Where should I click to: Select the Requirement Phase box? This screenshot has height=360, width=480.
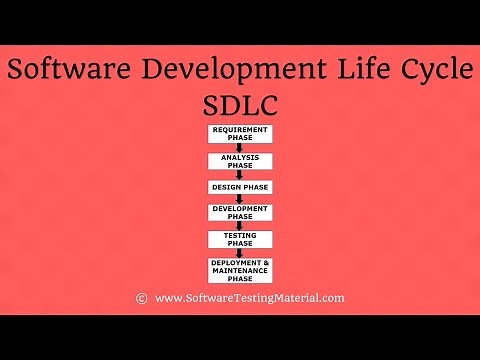(x=240, y=134)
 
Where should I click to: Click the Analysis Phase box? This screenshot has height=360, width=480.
(x=240, y=160)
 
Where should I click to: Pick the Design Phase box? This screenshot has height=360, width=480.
(x=240, y=187)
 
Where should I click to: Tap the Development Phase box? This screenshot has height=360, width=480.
(x=240, y=212)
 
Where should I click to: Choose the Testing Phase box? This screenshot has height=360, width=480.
(x=240, y=239)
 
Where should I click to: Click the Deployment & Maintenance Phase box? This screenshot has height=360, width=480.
(x=240, y=270)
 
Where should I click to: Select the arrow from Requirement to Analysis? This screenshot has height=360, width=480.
(x=240, y=147)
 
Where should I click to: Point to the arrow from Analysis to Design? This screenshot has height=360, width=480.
(x=240, y=174)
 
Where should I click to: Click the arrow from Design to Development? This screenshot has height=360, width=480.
(x=240, y=198)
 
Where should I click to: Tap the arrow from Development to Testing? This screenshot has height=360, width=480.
(x=240, y=225)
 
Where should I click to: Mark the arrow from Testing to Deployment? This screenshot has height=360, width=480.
(x=240, y=253)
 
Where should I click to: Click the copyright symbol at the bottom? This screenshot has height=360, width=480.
(x=141, y=298)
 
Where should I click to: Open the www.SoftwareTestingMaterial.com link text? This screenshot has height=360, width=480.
(x=250, y=298)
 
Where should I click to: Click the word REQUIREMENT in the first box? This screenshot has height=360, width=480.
(x=240, y=130)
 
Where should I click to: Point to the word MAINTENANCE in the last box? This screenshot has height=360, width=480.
(x=240, y=270)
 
